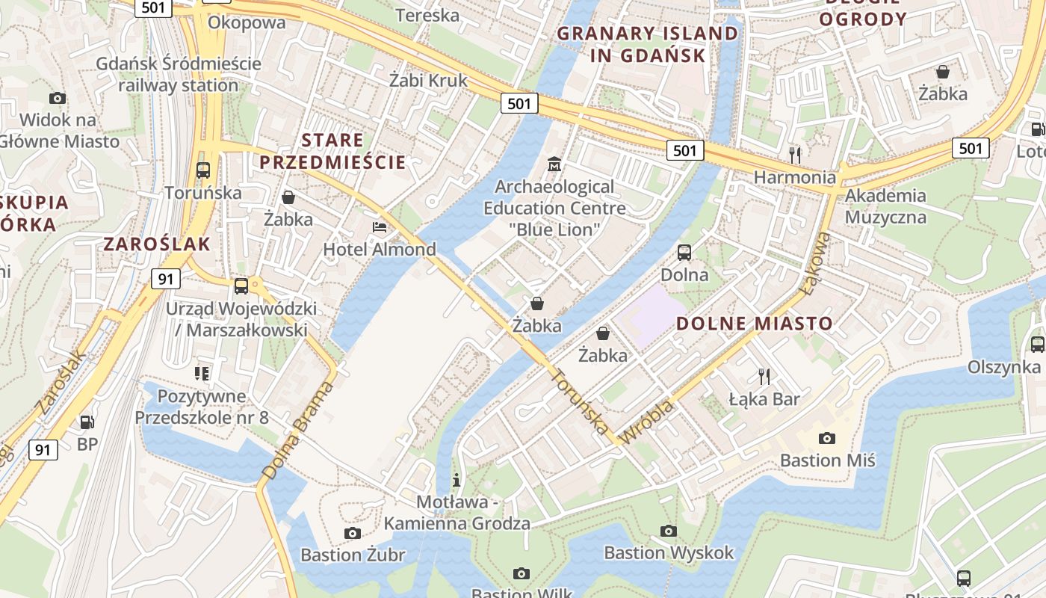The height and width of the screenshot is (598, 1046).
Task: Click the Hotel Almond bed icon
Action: pyautogui.click(x=380, y=227)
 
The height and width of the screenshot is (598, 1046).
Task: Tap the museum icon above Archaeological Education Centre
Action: pyautogui.click(x=554, y=164)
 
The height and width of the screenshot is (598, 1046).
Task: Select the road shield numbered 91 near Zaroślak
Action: pyautogui.click(x=166, y=280)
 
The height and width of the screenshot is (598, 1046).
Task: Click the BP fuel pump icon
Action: pyautogui.click(x=87, y=422)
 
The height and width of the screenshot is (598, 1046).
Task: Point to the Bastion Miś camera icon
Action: pyautogui.click(x=826, y=438)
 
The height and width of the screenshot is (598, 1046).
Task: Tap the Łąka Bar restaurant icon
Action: pyautogui.click(x=764, y=376)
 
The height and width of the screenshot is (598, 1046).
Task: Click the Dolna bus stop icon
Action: pyautogui.click(x=684, y=253)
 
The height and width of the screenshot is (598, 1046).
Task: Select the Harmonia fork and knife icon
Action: pyautogui.click(x=795, y=155)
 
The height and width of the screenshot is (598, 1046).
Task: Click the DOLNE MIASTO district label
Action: pyautogui.click(x=755, y=324)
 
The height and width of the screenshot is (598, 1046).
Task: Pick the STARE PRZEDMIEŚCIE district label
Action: pyautogui.click(x=332, y=151)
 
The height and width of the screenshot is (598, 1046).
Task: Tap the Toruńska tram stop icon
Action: pyautogui.click(x=203, y=170)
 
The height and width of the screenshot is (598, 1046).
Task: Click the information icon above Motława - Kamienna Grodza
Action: pyautogui.click(x=457, y=480)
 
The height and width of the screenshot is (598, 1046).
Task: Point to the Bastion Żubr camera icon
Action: pyautogui.click(x=353, y=533)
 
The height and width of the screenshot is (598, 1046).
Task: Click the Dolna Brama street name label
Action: pyautogui.click(x=297, y=431)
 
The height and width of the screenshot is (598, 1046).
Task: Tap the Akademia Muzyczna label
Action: pyautogui.click(x=885, y=207)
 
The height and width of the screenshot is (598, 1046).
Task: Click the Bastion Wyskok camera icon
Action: pyautogui.click(x=669, y=531)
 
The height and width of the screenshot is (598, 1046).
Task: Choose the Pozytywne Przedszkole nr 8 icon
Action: pyautogui.click(x=202, y=373)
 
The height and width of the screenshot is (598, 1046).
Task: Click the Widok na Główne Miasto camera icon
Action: pyautogui.click(x=58, y=98)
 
